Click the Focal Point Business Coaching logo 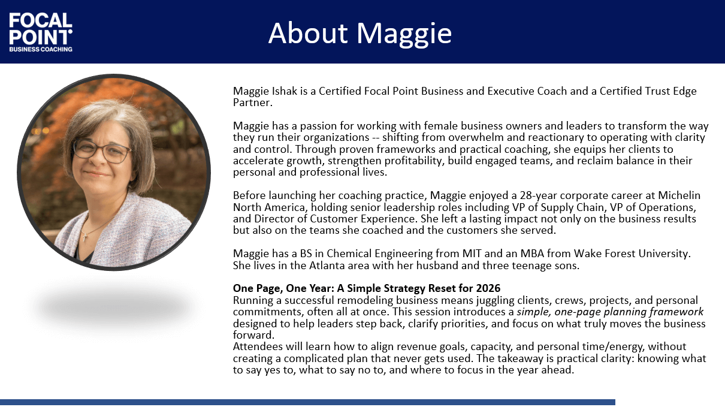click(x=41, y=32)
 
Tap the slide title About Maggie click(x=360, y=33)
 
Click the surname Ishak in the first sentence click(x=285, y=91)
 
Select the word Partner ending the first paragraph click(x=252, y=103)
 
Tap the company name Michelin click(x=679, y=195)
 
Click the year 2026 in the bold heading click(x=488, y=288)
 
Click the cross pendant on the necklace click(x=85, y=237)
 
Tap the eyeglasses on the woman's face click(x=102, y=152)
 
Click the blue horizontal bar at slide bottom click(x=307, y=402)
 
